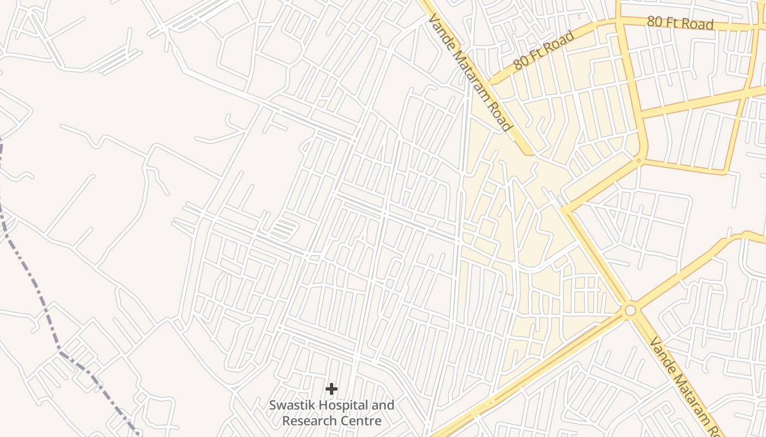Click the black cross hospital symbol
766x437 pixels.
(331, 389)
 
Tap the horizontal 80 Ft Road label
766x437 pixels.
(680, 23)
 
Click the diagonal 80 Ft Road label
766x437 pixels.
(544, 50)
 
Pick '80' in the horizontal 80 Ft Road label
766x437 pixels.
(654, 22)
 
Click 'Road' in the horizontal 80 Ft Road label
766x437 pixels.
(697, 24)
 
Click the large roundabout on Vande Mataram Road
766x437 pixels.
(630, 310)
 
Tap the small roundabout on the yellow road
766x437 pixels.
(638, 160)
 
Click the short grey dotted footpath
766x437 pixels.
(507, 294)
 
